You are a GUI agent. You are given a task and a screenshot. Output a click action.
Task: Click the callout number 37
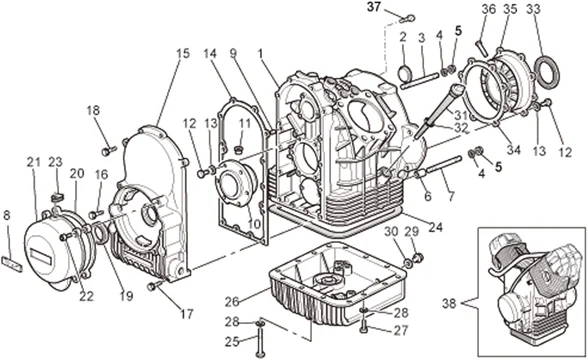(x=374, y=7)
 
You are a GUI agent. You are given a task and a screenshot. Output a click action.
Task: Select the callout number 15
(x=183, y=54)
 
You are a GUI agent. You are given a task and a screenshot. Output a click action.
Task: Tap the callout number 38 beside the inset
(x=449, y=303)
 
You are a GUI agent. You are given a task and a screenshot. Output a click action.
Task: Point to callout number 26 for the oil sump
(x=232, y=301)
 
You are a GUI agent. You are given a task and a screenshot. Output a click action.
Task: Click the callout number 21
(x=33, y=163)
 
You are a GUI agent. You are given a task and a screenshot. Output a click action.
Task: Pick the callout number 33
(x=533, y=9)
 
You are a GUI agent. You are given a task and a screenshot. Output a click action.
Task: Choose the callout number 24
(x=436, y=227)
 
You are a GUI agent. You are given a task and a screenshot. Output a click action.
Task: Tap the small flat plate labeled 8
(x=12, y=263)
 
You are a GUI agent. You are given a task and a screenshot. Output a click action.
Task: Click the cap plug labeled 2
(x=404, y=73)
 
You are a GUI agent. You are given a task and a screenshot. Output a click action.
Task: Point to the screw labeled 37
(x=408, y=18)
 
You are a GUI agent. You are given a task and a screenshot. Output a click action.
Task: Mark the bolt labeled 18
(x=109, y=151)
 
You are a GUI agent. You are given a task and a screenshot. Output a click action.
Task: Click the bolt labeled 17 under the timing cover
(x=155, y=285)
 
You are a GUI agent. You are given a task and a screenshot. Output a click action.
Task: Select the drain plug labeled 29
(x=418, y=258)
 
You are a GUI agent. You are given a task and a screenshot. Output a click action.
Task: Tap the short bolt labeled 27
(x=363, y=326)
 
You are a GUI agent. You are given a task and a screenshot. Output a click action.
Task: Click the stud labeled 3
(x=419, y=81)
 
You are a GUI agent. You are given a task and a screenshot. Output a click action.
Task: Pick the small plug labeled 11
(x=238, y=150)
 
